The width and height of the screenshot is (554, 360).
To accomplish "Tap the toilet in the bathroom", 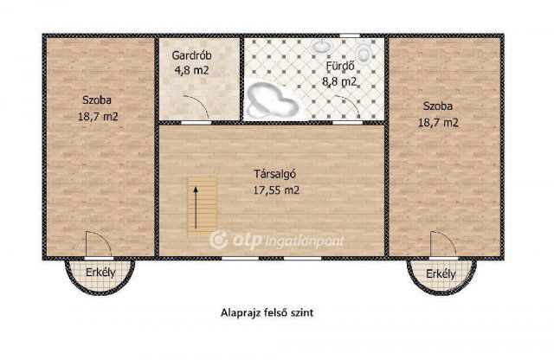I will point(364,54).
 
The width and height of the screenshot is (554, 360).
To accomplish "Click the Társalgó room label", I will point(272,171).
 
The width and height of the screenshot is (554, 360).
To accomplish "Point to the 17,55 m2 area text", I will point(272,188).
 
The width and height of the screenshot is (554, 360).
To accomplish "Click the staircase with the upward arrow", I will point(203,206).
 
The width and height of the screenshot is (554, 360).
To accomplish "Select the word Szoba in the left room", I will point(97,98).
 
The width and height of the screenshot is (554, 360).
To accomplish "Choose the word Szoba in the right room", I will point(439,106).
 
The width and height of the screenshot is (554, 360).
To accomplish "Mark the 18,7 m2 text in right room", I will point(439,122).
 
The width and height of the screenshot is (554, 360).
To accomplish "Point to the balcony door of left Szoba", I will point(93,247).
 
